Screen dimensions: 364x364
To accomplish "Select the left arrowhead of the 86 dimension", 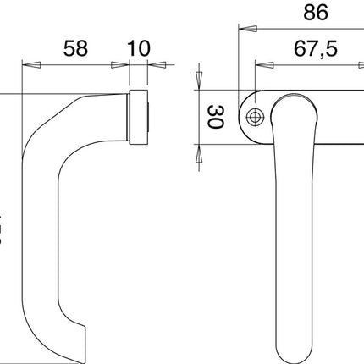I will click(x=243, y=28).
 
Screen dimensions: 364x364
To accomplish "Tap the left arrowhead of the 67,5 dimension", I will click(x=260, y=64).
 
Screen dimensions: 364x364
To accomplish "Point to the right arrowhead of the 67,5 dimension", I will click(x=359, y=64).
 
